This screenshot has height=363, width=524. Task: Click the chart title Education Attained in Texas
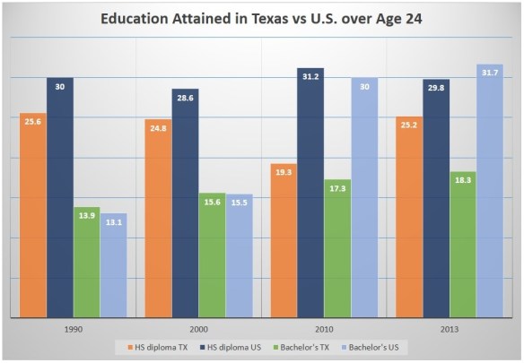[261, 18]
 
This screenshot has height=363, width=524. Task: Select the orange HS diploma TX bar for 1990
[32, 215]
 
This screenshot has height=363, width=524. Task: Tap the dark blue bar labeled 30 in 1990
[59, 197]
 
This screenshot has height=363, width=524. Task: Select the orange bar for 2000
[158, 219]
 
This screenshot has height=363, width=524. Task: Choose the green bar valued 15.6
[212, 255]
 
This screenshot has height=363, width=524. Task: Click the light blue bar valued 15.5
[239, 256]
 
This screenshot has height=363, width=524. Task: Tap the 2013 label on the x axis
[449, 328]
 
